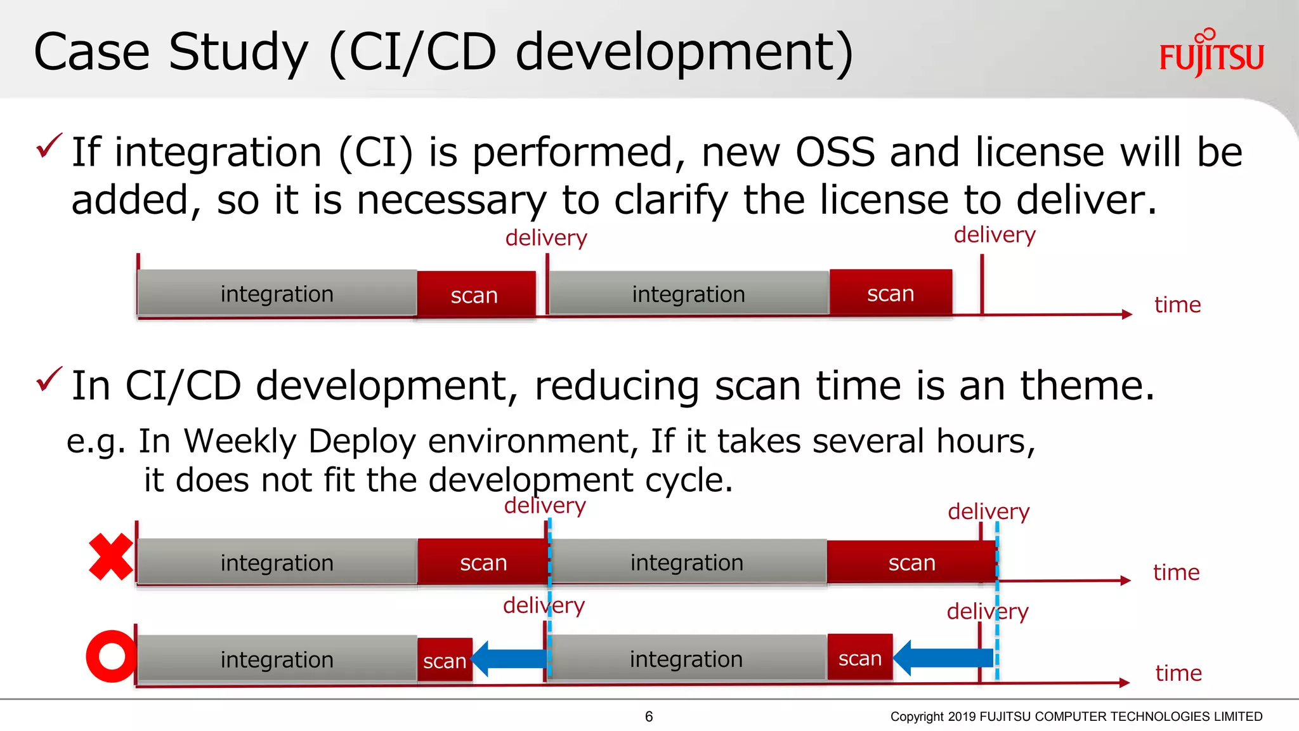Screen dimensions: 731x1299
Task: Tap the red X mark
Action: coord(111,557)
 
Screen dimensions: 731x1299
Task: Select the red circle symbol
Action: coord(112,656)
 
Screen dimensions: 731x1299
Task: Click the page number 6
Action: coord(649,716)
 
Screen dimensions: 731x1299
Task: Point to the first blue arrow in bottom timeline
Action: coord(509,659)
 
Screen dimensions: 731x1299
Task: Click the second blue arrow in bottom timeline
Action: coord(943,658)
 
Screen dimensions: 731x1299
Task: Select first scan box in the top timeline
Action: coord(474,294)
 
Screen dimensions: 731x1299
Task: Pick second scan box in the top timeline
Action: coord(891,293)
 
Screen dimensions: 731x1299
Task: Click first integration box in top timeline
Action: coord(277,293)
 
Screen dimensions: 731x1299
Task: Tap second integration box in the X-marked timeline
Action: coord(687,562)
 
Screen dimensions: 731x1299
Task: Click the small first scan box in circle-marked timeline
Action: coord(445,661)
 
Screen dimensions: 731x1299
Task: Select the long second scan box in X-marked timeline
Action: coord(911,562)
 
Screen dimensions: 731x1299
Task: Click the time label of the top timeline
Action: coord(1177,305)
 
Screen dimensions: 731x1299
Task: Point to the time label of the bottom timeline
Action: coord(1178,673)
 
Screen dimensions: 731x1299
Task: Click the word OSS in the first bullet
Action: coord(835,152)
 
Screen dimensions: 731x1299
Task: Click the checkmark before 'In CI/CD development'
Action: coord(49,379)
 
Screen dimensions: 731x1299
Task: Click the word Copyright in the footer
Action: coord(917,716)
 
